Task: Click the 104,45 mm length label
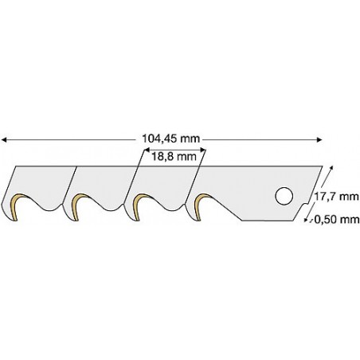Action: pos(170,139)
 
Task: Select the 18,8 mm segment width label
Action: pos(174,157)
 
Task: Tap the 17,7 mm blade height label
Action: pos(337,197)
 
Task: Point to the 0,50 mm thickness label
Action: pos(337,220)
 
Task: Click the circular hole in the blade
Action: pos(284,196)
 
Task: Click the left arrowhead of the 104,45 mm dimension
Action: pos(3,139)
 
